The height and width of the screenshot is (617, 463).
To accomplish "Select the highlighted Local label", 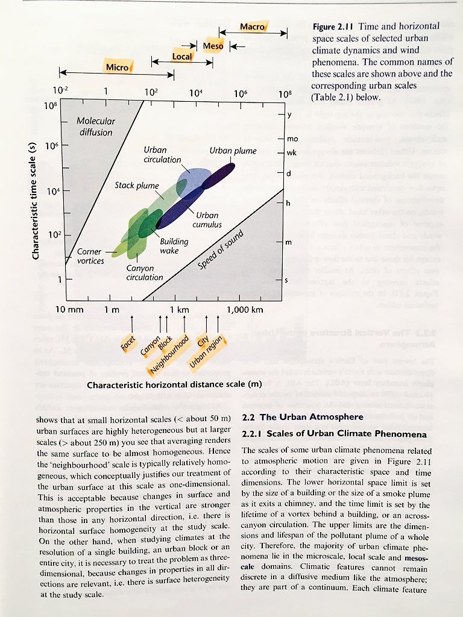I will [x=182, y=57].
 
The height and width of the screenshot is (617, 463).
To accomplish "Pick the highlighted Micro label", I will [x=117, y=67].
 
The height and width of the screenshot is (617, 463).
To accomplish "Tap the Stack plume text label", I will [x=137, y=186].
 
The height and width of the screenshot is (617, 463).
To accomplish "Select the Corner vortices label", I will [x=91, y=256].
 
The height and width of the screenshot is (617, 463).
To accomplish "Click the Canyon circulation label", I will [x=145, y=272].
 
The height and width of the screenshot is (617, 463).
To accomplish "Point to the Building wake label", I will [x=174, y=245].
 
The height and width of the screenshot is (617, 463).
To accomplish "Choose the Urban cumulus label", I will [x=207, y=220].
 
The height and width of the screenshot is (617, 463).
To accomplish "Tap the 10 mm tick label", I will [x=69, y=310].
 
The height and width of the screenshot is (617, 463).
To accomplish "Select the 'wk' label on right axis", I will [x=292, y=152].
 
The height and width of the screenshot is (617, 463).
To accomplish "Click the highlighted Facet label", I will [x=128, y=343].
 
